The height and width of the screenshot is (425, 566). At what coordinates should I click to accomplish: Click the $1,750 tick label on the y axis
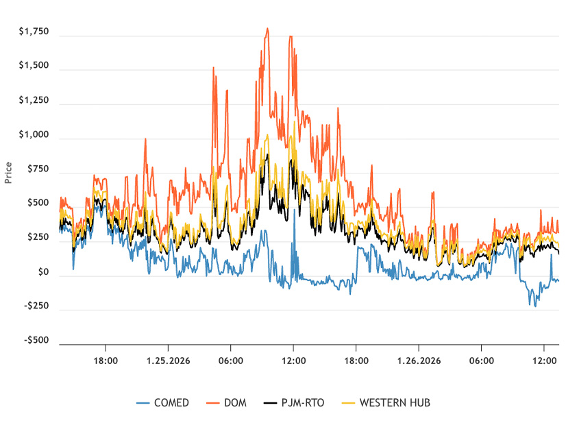pyautogui.click(x=34, y=32)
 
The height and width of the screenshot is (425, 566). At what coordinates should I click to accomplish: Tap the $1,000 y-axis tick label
pyautogui.click(x=34, y=135)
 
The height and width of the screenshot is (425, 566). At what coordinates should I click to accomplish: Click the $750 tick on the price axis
pyautogui.click(x=38, y=169)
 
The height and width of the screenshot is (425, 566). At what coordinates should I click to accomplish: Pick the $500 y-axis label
pyautogui.click(x=38, y=203)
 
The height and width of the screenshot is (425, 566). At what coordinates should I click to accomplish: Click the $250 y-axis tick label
pyautogui.click(x=38, y=237)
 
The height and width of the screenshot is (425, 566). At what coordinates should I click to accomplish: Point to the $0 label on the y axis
pyautogui.click(x=44, y=272)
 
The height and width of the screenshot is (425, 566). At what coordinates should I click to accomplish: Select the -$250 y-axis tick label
pyautogui.click(x=37, y=306)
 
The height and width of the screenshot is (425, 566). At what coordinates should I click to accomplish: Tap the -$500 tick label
pyautogui.click(x=37, y=340)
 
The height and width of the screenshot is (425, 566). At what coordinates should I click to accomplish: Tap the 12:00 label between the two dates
pyautogui.click(x=293, y=359)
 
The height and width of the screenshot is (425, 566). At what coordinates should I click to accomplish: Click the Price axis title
pyautogui.click(x=8, y=172)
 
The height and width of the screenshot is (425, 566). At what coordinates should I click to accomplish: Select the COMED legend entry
pyautogui.click(x=164, y=402)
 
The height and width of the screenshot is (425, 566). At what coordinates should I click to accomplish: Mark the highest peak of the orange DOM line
pyautogui.click(x=267, y=28)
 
